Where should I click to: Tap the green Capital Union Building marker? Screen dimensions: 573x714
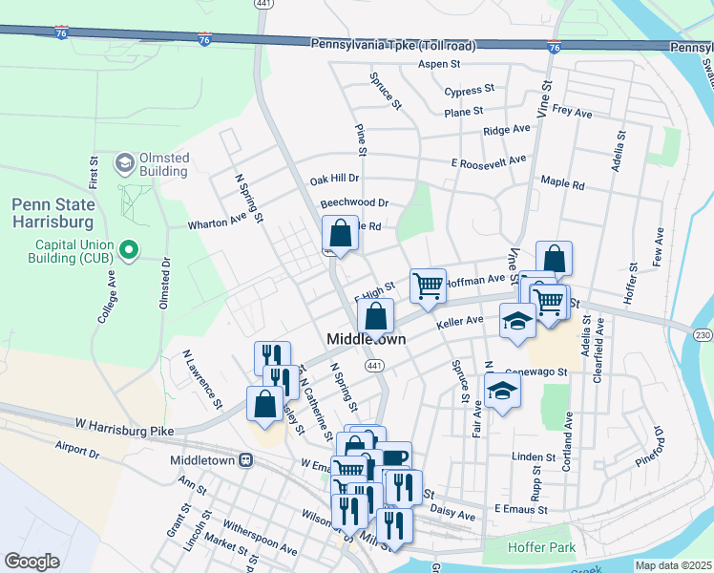(x=129, y=252)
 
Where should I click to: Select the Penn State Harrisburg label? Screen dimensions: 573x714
(x=53, y=212)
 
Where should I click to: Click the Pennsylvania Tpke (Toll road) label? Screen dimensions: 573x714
(x=393, y=45)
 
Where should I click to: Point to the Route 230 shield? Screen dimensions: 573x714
(x=703, y=333)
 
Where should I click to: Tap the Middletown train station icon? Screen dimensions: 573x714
(x=245, y=459)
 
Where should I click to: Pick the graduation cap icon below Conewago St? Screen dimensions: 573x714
(x=502, y=390)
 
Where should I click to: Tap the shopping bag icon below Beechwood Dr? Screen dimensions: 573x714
(x=340, y=233)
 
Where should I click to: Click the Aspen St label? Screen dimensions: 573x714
(x=439, y=65)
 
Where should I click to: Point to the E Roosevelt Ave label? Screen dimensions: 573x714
(x=489, y=162)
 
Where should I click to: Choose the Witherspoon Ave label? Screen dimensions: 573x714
(x=260, y=537)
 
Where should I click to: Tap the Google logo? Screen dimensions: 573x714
(x=31, y=562)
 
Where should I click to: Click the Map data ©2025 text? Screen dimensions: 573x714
(x=672, y=565)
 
